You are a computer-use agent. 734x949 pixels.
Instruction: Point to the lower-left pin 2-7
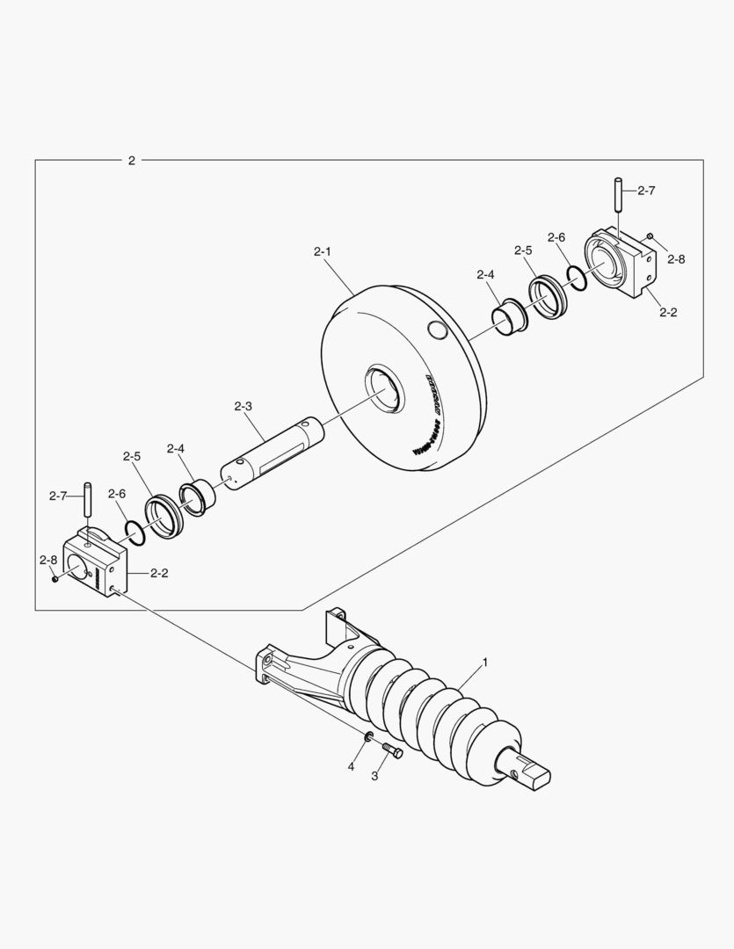[87, 501]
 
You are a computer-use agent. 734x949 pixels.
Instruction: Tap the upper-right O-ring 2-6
[577, 278]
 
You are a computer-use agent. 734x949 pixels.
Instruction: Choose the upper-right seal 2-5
[548, 297]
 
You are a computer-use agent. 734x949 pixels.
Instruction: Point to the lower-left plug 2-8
[55, 577]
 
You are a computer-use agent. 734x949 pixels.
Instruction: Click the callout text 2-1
[322, 252]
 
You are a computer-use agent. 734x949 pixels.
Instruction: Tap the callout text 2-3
[243, 406]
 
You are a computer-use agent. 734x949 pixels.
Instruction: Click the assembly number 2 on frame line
[132, 160]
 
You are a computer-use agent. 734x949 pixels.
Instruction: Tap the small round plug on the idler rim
[435, 330]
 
